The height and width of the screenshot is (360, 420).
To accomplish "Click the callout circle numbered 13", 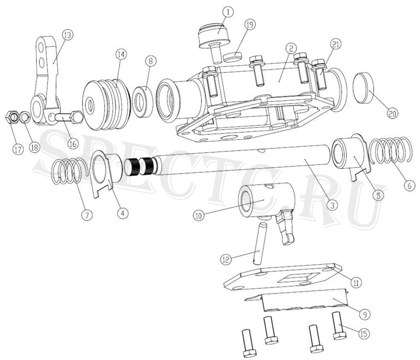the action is click(68, 35).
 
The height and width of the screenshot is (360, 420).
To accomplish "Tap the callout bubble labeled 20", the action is click(392, 113).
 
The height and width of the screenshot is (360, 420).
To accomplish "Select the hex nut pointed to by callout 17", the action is click(12, 117).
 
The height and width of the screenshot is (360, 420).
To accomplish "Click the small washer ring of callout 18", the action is click(24, 117).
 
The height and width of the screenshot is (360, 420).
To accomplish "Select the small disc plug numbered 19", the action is click(233, 57).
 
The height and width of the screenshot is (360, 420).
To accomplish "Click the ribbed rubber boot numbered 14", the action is click(106, 105).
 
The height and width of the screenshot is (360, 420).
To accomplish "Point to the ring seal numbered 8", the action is click(143, 102).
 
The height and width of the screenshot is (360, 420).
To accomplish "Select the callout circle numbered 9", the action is click(365, 314).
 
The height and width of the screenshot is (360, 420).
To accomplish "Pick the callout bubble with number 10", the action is click(199, 216).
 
